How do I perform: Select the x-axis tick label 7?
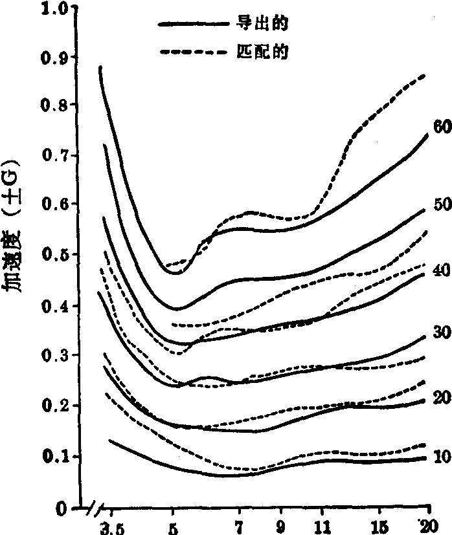(239, 525)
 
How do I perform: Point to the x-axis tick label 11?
(321, 525)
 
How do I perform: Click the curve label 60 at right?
(442, 126)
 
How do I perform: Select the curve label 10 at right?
(442, 457)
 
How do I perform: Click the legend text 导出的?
(262, 25)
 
